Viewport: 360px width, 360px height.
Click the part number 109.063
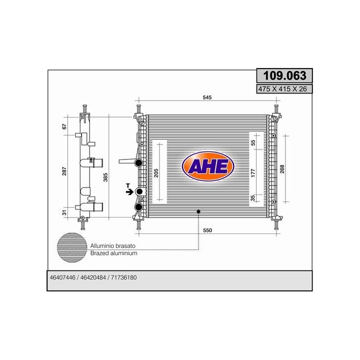pyautogui.click(x=284, y=75)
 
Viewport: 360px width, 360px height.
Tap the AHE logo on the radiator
pyautogui.click(x=208, y=166)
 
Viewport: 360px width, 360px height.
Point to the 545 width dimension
pyautogui.click(x=207, y=97)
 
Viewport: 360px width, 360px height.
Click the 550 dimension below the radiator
pyautogui.click(x=207, y=230)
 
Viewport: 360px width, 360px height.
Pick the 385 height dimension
pyautogui.click(x=105, y=177)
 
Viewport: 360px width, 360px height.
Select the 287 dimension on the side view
pyautogui.click(x=64, y=171)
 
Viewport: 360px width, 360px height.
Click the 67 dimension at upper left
pyautogui.click(x=64, y=126)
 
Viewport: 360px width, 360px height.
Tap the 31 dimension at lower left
pyautogui.click(x=64, y=212)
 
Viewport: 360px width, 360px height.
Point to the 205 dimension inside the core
pyautogui.click(x=156, y=173)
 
